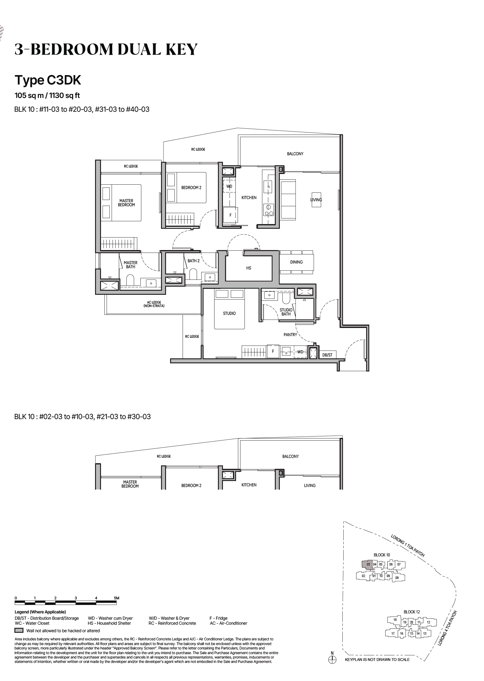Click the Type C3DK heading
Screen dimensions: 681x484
coord(48,80)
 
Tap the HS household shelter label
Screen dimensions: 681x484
coord(249,268)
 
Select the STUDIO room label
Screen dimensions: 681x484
coord(229,313)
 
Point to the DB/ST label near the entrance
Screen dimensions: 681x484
coord(327,355)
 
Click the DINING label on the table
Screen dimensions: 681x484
coord(296,262)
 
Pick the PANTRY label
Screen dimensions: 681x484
coord(290,335)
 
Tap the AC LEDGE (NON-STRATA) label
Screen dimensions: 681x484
coord(154,304)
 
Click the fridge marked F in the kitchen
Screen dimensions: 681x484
coord(230,215)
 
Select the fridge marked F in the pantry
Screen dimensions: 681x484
coord(273,351)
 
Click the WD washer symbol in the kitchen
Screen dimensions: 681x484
coord(229,187)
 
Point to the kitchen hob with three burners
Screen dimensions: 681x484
coord(269,210)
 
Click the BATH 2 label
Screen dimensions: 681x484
coord(194,261)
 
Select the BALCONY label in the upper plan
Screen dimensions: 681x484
coord(295,154)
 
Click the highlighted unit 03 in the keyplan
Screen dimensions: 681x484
coord(368,565)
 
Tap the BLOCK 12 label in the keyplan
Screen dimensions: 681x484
coord(411,612)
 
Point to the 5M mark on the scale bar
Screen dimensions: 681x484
coord(117,598)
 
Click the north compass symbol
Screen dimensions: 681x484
coord(332,659)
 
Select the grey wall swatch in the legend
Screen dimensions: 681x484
coord(19,631)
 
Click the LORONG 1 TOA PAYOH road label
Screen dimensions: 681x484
coord(408,546)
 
